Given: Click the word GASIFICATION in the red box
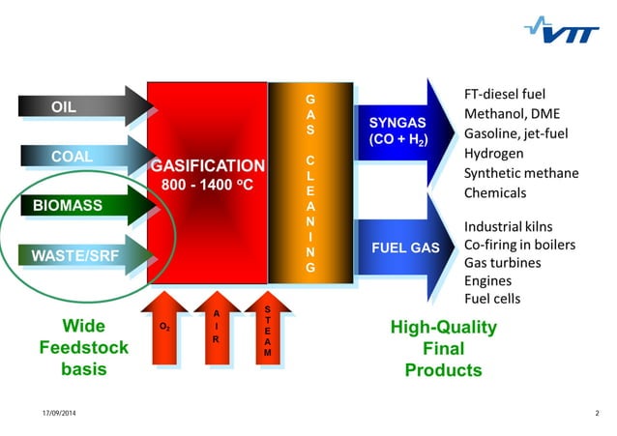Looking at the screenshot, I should coord(207,165).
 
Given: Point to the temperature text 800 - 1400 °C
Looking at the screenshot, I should coord(207,185).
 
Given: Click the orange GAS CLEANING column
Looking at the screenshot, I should coord(309,183).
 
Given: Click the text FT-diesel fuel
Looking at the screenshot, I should coord(505,95).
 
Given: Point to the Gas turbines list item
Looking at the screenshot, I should coord(502,262).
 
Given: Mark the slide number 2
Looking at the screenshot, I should coord(597,414).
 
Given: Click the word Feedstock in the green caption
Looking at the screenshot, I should coord(84,348).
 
